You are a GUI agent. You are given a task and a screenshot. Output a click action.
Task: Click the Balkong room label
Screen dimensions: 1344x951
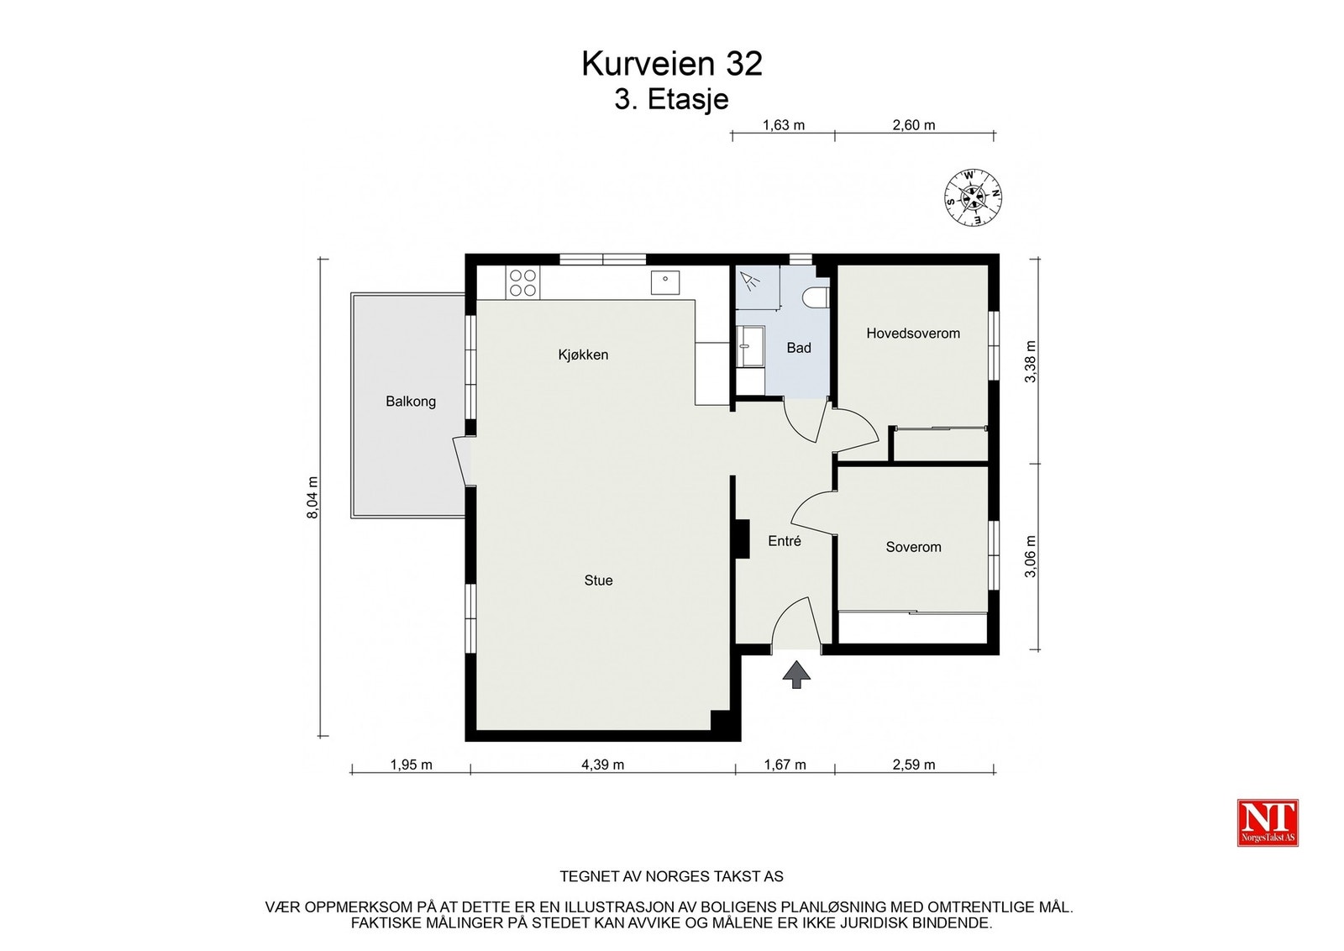(411, 402)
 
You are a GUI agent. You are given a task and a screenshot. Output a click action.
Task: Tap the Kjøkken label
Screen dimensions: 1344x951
(583, 355)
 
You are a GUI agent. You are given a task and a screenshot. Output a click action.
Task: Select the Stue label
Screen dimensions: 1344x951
(598, 581)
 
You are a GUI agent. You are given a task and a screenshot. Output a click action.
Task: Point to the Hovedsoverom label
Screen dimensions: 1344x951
(912, 333)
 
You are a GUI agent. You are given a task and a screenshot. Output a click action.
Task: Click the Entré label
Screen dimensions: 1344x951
(785, 540)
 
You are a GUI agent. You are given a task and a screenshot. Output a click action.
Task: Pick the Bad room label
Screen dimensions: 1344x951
(799, 348)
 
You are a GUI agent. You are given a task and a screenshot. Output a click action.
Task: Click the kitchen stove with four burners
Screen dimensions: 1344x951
(522, 283)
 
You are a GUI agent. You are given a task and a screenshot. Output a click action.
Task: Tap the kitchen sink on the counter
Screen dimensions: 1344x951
(665, 282)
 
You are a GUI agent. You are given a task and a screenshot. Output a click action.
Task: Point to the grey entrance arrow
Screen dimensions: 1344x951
(796, 675)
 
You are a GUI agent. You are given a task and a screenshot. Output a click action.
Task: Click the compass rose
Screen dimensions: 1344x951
(974, 197)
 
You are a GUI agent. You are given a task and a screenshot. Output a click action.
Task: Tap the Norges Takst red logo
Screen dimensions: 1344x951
(1268, 822)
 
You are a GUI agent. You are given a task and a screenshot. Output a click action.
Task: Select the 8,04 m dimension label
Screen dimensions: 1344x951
(312, 497)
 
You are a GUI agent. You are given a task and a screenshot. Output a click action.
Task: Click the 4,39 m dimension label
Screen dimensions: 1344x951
(602, 764)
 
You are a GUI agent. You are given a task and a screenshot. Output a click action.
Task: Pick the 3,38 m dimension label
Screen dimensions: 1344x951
(1030, 361)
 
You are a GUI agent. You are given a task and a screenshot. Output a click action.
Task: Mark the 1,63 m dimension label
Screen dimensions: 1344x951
(783, 125)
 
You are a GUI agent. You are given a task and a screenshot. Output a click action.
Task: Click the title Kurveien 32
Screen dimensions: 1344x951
(671, 64)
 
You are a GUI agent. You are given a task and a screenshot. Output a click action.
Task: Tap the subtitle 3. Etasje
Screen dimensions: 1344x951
(671, 100)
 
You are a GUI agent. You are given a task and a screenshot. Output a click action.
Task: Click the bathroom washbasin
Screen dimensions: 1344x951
(749, 346)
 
